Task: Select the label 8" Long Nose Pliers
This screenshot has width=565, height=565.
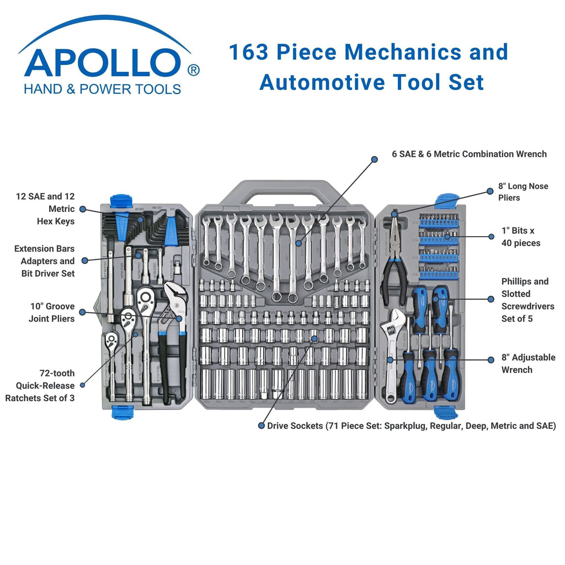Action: [x=523, y=192]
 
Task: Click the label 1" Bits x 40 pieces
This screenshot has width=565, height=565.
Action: [x=521, y=237]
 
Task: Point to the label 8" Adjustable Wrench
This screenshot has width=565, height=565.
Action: [x=528, y=364]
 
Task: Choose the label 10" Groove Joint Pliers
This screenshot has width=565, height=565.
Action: [x=51, y=312]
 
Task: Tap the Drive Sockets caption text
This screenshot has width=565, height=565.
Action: [x=412, y=426]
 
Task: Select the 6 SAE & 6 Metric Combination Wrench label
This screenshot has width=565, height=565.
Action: [x=469, y=154]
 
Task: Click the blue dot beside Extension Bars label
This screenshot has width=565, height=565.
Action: [x=85, y=260]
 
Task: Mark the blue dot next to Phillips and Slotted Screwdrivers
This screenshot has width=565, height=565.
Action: [x=491, y=299]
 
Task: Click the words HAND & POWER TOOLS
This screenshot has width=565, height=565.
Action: [x=103, y=89]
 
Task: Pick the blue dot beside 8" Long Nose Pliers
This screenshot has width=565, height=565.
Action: [x=489, y=191]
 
